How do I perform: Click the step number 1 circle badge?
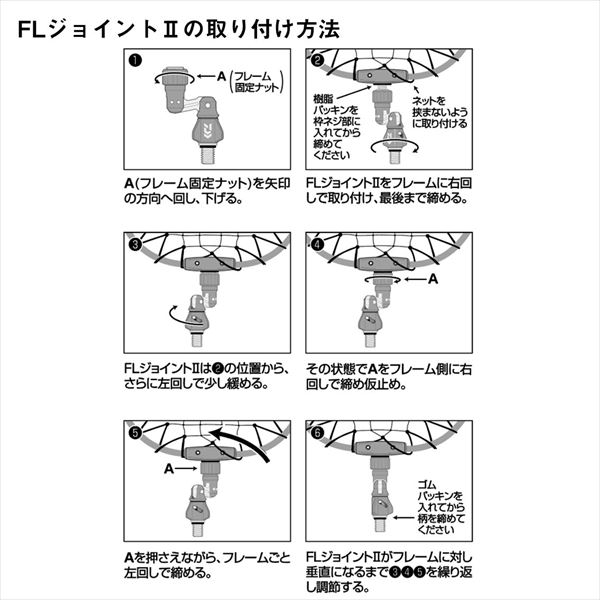[133, 61]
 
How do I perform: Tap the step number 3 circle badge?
[133, 243]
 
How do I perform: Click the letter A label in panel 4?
[433, 282]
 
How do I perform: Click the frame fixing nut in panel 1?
[177, 78]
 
